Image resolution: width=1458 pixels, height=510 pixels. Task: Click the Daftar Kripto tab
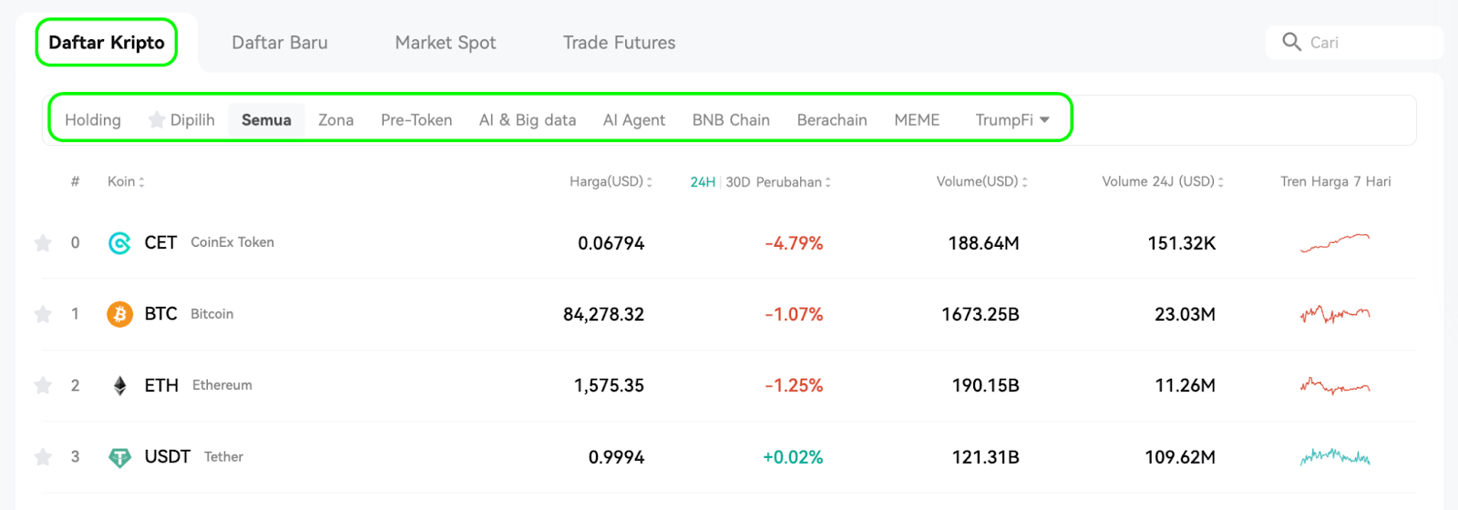click(106, 42)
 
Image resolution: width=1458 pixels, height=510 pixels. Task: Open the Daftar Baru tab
click(280, 42)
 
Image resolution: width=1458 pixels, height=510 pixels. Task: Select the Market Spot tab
click(446, 43)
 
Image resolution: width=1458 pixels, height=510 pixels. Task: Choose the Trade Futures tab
click(619, 42)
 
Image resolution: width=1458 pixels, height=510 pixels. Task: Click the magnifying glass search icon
click(1291, 42)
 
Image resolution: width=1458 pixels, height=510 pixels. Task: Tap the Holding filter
click(93, 120)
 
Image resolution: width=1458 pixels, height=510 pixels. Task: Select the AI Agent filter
click(634, 120)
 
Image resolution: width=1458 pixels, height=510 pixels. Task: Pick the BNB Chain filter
click(731, 119)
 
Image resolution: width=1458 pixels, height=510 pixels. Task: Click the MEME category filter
click(917, 119)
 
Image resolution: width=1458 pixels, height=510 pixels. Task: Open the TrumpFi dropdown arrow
click(1044, 119)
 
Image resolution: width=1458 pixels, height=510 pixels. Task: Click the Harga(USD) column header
click(606, 181)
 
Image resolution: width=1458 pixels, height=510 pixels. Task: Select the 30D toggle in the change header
click(738, 182)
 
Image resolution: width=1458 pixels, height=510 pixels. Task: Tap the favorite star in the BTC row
click(43, 314)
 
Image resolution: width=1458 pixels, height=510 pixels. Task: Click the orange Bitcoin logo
click(119, 314)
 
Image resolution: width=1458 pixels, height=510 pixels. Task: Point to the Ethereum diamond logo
click(119, 386)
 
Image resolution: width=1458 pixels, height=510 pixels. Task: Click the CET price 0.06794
click(611, 243)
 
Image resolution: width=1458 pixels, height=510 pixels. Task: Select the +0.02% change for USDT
click(793, 457)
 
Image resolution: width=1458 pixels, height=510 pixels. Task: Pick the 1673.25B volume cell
click(981, 315)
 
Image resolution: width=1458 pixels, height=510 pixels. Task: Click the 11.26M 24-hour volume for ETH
click(1185, 386)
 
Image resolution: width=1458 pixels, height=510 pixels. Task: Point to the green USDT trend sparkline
click(1335, 457)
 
